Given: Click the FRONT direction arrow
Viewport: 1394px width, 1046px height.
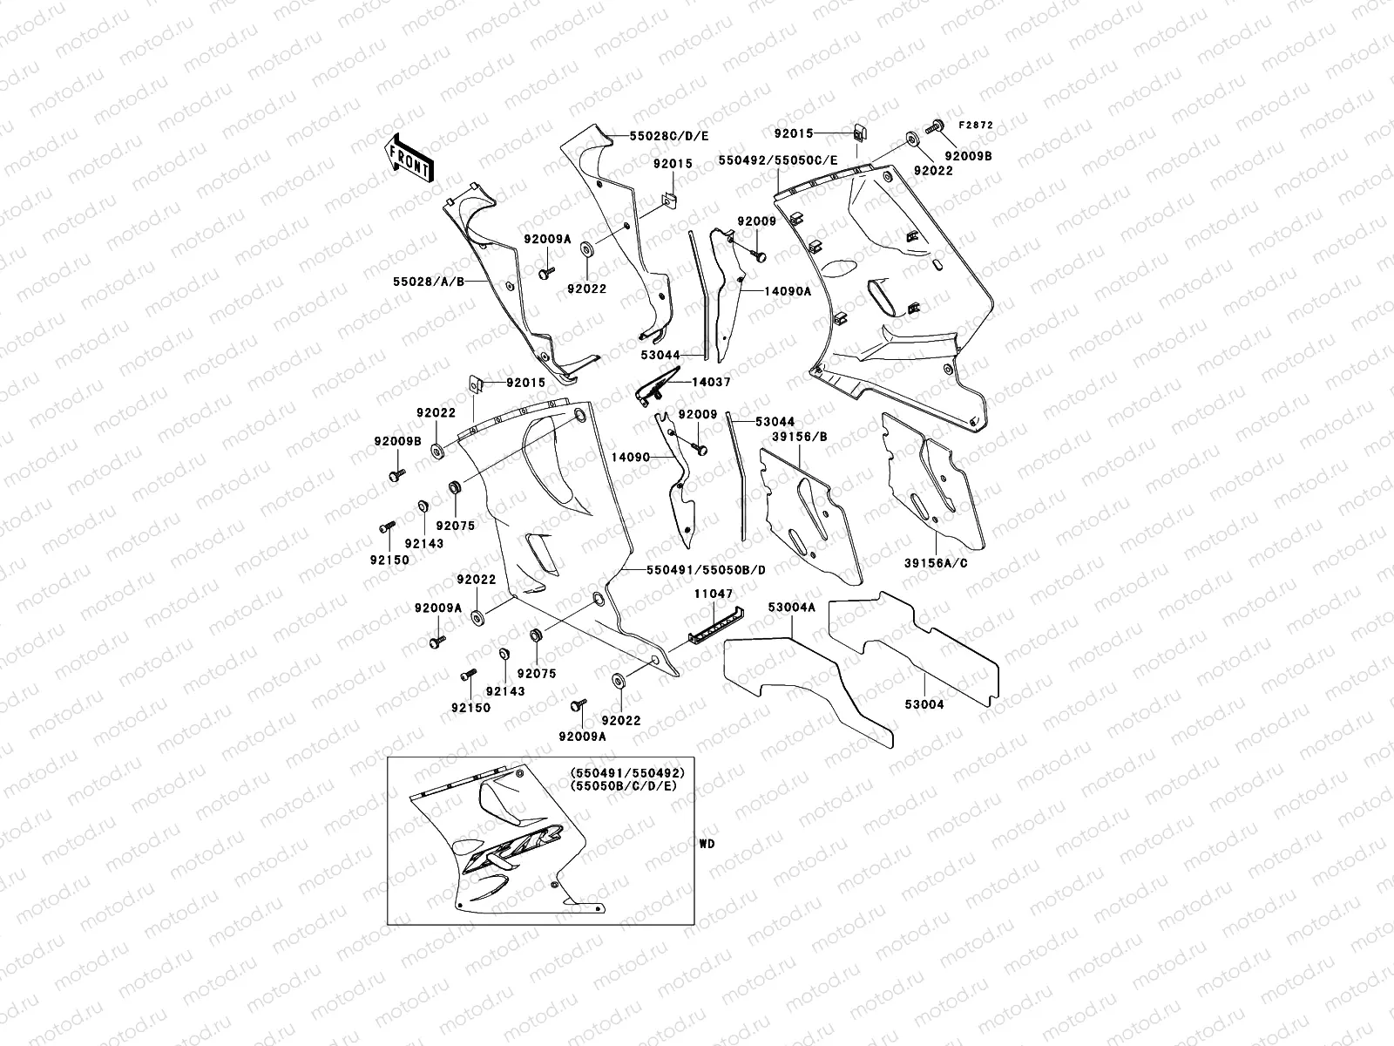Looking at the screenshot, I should [409, 157].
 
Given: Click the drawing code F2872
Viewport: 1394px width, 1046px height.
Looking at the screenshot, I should [976, 126].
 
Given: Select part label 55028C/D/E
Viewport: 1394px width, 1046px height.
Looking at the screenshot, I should [671, 136].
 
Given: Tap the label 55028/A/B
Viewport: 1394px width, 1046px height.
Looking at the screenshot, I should [428, 282].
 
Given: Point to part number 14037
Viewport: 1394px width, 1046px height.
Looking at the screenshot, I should [712, 382].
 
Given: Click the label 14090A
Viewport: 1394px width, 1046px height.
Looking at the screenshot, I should [788, 291].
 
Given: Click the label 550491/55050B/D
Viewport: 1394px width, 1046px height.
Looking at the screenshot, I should [706, 569].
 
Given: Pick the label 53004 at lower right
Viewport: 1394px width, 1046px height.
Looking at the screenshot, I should [925, 703].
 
